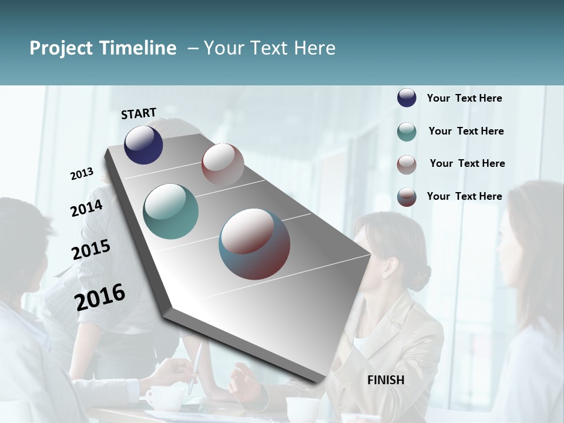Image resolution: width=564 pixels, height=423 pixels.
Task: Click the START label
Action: point(139,113)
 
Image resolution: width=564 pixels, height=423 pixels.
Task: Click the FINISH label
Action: point(385,380)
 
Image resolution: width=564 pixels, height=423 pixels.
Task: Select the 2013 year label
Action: point(82,174)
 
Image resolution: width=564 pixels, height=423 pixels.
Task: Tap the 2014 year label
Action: point(86,208)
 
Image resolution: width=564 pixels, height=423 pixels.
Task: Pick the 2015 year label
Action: point(91,250)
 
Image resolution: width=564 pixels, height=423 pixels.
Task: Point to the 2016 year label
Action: point(100,297)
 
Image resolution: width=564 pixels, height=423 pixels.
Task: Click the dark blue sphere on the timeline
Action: point(143,145)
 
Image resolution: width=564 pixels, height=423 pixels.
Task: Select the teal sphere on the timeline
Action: point(170,211)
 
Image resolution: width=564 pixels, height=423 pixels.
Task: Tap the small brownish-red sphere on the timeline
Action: point(223,164)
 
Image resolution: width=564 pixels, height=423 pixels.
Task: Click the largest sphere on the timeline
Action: point(254,244)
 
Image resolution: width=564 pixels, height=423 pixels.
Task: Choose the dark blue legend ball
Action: point(407,98)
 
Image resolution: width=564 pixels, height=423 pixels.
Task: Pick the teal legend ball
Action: point(407,132)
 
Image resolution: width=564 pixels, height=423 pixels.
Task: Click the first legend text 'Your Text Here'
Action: point(464,98)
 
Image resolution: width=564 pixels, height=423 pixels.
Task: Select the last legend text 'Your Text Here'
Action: point(464,196)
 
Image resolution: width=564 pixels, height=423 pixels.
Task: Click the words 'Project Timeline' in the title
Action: point(103,48)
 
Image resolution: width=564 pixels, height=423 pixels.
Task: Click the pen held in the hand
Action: point(196,367)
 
